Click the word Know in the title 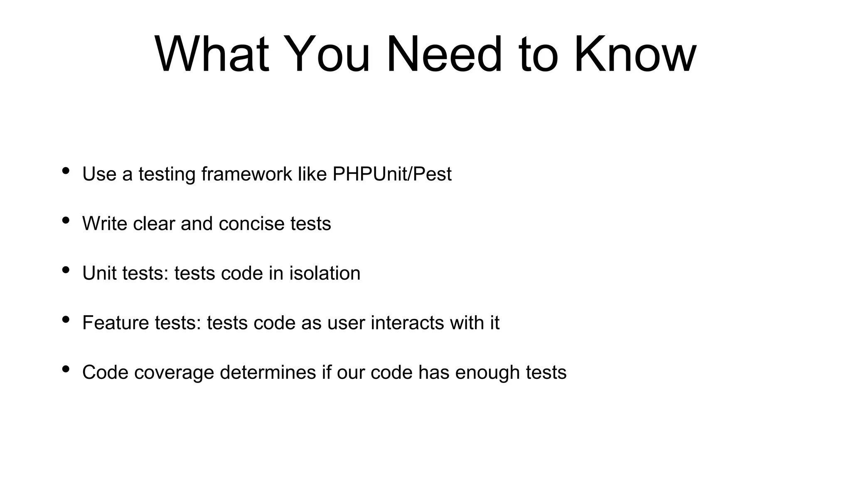(x=635, y=54)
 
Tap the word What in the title (x=212, y=54)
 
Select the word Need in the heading (x=444, y=54)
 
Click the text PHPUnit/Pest (x=392, y=174)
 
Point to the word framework (x=247, y=174)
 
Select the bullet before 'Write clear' (x=65, y=220)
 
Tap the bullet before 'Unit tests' (x=65, y=270)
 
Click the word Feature (x=116, y=323)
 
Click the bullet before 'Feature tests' (x=65, y=319)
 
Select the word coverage (x=174, y=373)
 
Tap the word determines (x=268, y=373)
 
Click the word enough (x=487, y=373)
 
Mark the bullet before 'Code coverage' (x=65, y=369)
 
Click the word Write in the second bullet (x=105, y=224)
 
